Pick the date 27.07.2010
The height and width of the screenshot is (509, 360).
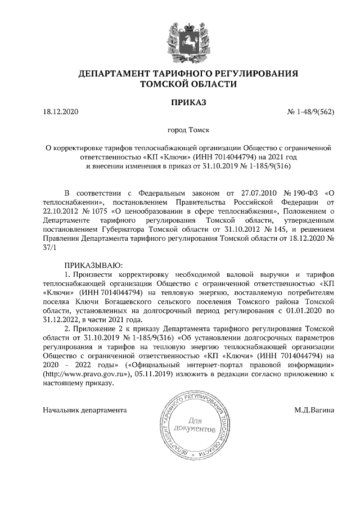(x=246, y=192)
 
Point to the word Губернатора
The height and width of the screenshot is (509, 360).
(x=127, y=229)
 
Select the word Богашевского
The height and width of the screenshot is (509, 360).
(x=130, y=301)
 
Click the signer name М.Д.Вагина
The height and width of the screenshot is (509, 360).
(x=314, y=410)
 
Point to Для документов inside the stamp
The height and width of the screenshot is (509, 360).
(x=195, y=425)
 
